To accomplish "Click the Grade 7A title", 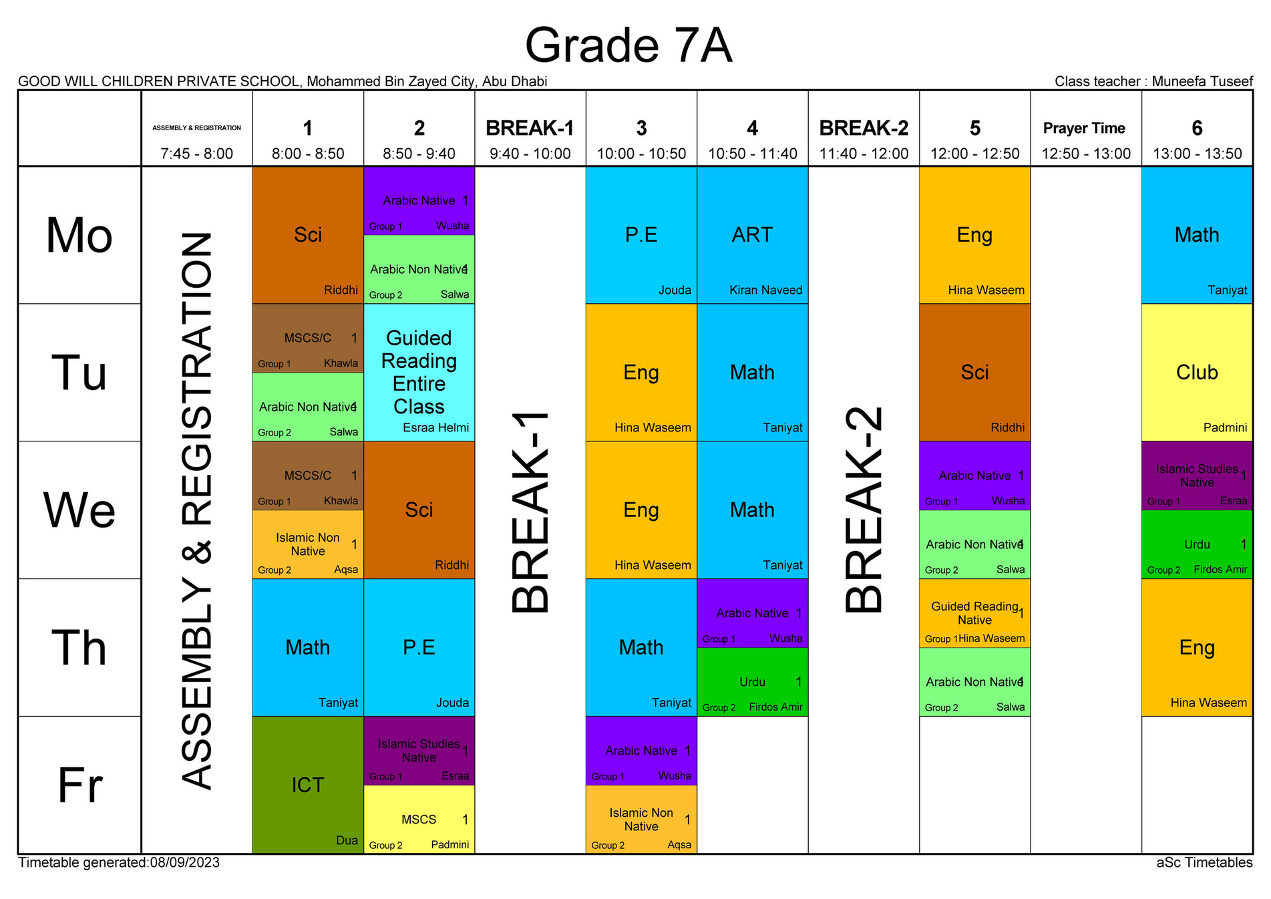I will (x=628, y=45).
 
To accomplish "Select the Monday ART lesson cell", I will (x=752, y=235).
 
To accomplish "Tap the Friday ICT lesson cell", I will (x=308, y=785).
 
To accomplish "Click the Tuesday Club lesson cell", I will (x=1197, y=372).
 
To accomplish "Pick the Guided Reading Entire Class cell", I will (x=419, y=372).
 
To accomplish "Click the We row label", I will (x=79, y=510).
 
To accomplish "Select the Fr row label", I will (x=79, y=785).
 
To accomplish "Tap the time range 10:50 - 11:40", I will (x=753, y=154).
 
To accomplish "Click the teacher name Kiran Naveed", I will (x=765, y=291).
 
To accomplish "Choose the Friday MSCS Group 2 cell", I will (x=419, y=820).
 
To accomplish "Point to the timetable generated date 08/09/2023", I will (x=185, y=863).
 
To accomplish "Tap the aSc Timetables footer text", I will (x=1204, y=863).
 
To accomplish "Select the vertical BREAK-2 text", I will (x=864, y=510).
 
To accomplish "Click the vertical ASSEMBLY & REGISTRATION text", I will (x=197, y=510).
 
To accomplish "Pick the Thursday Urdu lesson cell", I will (x=752, y=682).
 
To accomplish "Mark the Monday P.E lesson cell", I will (x=641, y=235).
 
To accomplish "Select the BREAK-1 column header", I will (x=530, y=128).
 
